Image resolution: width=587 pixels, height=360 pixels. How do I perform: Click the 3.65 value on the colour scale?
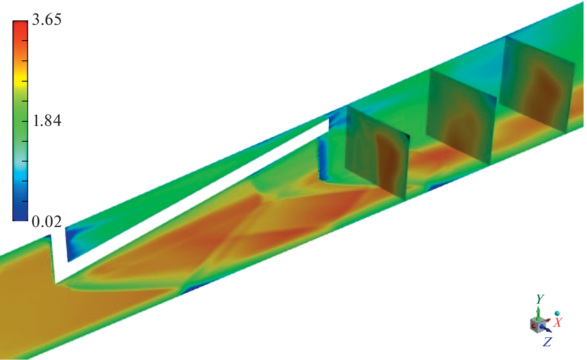click(x=47, y=19)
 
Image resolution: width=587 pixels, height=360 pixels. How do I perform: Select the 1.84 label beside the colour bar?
click(x=47, y=121)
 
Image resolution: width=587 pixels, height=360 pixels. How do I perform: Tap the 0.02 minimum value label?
click(x=47, y=221)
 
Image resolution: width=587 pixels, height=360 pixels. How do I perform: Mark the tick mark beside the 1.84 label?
click(x=25, y=121)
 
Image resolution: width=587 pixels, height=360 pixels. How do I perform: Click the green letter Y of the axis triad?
click(x=540, y=299)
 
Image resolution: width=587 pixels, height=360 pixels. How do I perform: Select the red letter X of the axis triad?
click(x=558, y=323)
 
